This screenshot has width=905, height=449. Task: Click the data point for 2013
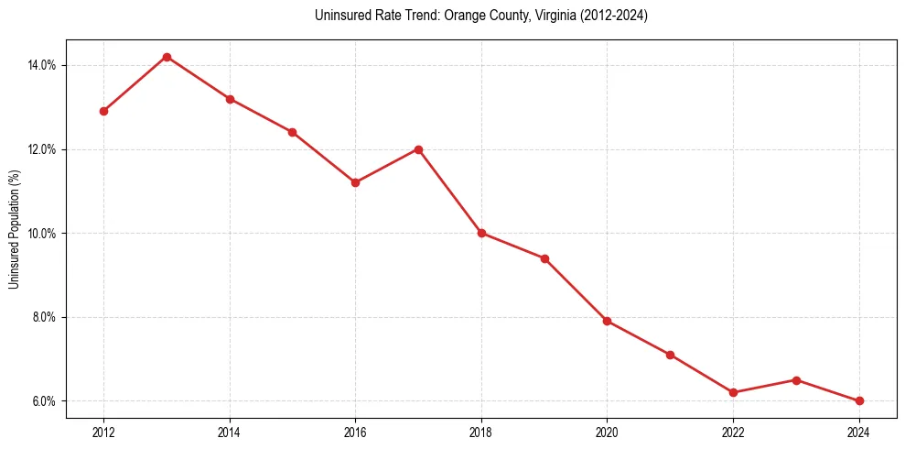(167, 57)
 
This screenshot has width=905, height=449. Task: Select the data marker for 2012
(103, 111)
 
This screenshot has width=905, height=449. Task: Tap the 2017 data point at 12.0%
(418, 149)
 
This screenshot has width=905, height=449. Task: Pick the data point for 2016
(355, 182)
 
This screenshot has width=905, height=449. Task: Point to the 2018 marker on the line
(481, 233)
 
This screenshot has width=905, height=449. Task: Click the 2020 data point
(607, 321)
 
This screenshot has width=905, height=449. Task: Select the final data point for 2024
(859, 400)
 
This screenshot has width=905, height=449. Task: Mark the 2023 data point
(796, 380)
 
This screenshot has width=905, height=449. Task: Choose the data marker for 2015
(292, 132)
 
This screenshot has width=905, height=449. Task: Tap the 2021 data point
(670, 355)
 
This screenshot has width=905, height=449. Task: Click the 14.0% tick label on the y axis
(43, 65)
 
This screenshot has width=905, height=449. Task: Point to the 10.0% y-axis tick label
(43, 233)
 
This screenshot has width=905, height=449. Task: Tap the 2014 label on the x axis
(230, 433)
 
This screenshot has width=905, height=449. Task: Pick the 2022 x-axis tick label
(733, 433)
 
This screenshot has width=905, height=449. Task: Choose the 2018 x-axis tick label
(481, 433)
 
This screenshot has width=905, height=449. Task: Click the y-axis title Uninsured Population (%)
(14, 229)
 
